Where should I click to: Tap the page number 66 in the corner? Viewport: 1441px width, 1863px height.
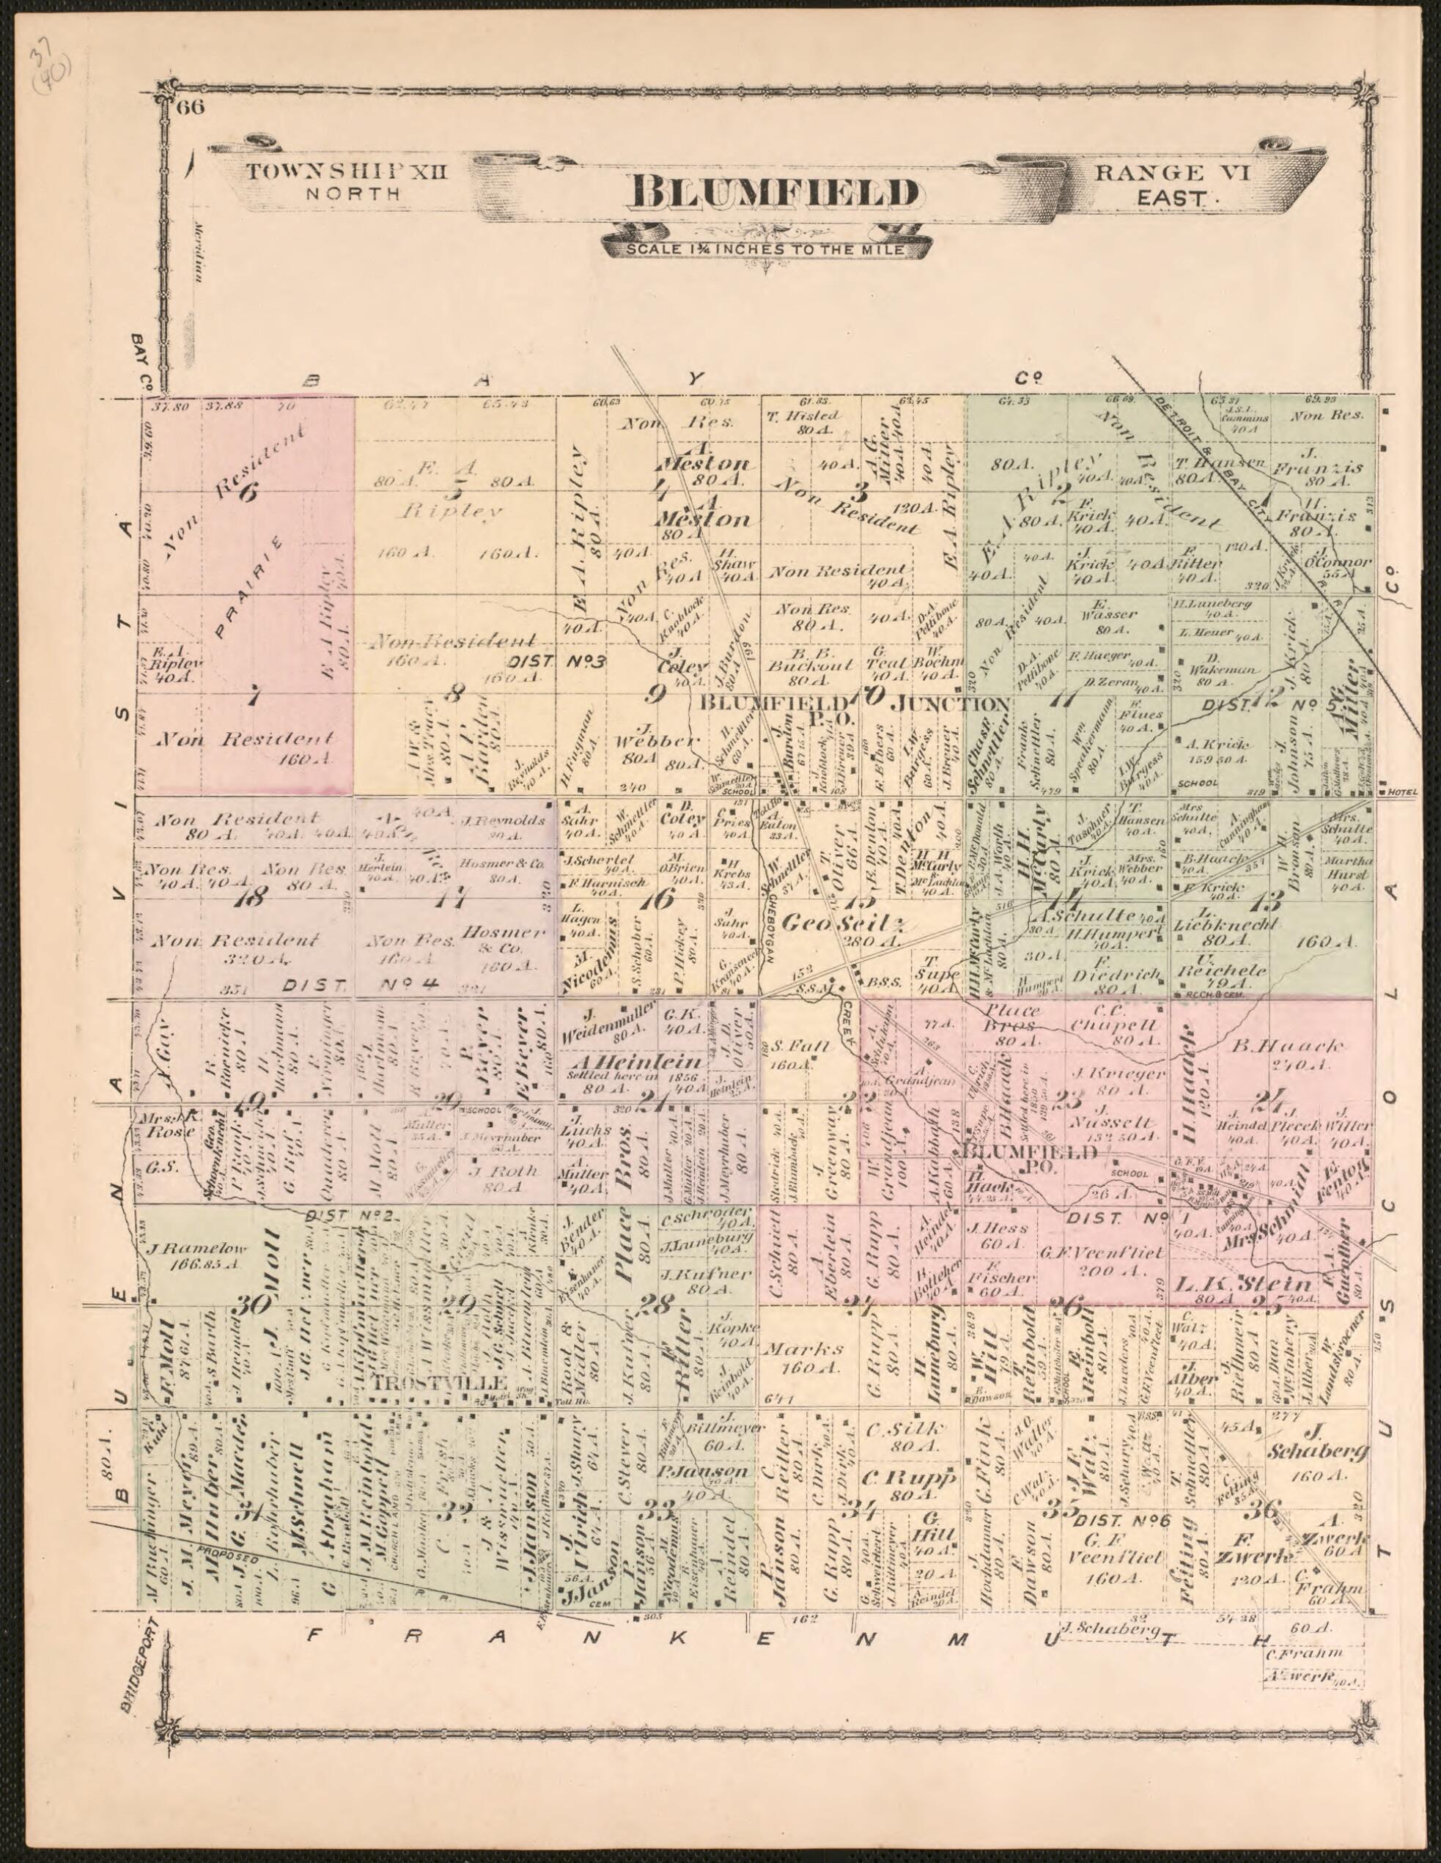tap(188, 108)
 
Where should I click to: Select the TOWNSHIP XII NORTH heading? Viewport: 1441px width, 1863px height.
tap(347, 181)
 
